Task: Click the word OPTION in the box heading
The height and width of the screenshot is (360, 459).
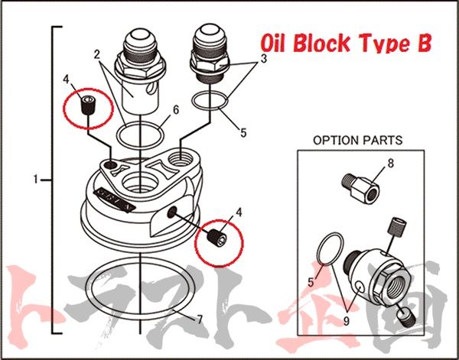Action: [334, 141]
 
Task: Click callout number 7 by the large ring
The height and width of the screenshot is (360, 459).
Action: [201, 319]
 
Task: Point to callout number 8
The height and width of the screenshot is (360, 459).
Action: [390, 163]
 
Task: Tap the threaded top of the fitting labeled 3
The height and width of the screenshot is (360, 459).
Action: [210, 38]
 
